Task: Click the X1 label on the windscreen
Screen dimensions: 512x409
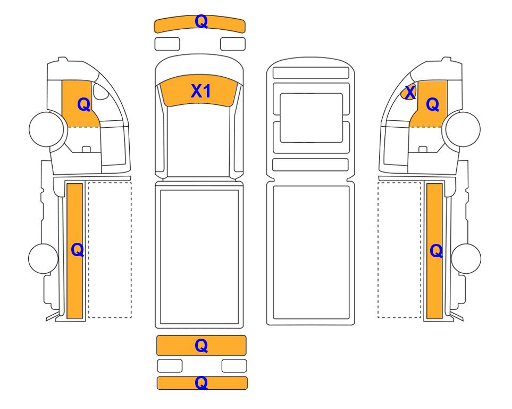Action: [200, 91]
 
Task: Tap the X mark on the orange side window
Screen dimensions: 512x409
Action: [410, 92]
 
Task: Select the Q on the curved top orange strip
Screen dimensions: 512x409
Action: [201, 22]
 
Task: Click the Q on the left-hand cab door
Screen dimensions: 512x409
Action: [83, 105]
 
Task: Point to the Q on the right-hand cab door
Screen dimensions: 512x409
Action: [432, 105]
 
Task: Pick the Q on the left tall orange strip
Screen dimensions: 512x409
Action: [78, 250]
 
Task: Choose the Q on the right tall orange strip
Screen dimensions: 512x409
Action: [436, 251]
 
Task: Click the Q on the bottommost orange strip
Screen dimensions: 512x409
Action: [201, 383]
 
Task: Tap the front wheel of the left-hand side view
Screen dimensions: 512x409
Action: [46, 129]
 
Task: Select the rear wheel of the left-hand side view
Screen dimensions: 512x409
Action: [44, 258]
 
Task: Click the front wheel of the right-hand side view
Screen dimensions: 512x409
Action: [463, 129]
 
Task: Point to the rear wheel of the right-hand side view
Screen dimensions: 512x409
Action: [466, 258]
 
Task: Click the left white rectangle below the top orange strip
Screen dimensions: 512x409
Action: [167, 44]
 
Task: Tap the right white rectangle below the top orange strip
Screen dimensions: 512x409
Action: [233, 44]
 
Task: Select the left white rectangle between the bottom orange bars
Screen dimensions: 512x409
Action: [170, 366]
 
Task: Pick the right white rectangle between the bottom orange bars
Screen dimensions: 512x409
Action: [234, 366]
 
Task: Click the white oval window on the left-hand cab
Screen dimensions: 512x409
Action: [100, 91]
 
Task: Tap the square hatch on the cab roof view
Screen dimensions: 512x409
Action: [311, 118]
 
